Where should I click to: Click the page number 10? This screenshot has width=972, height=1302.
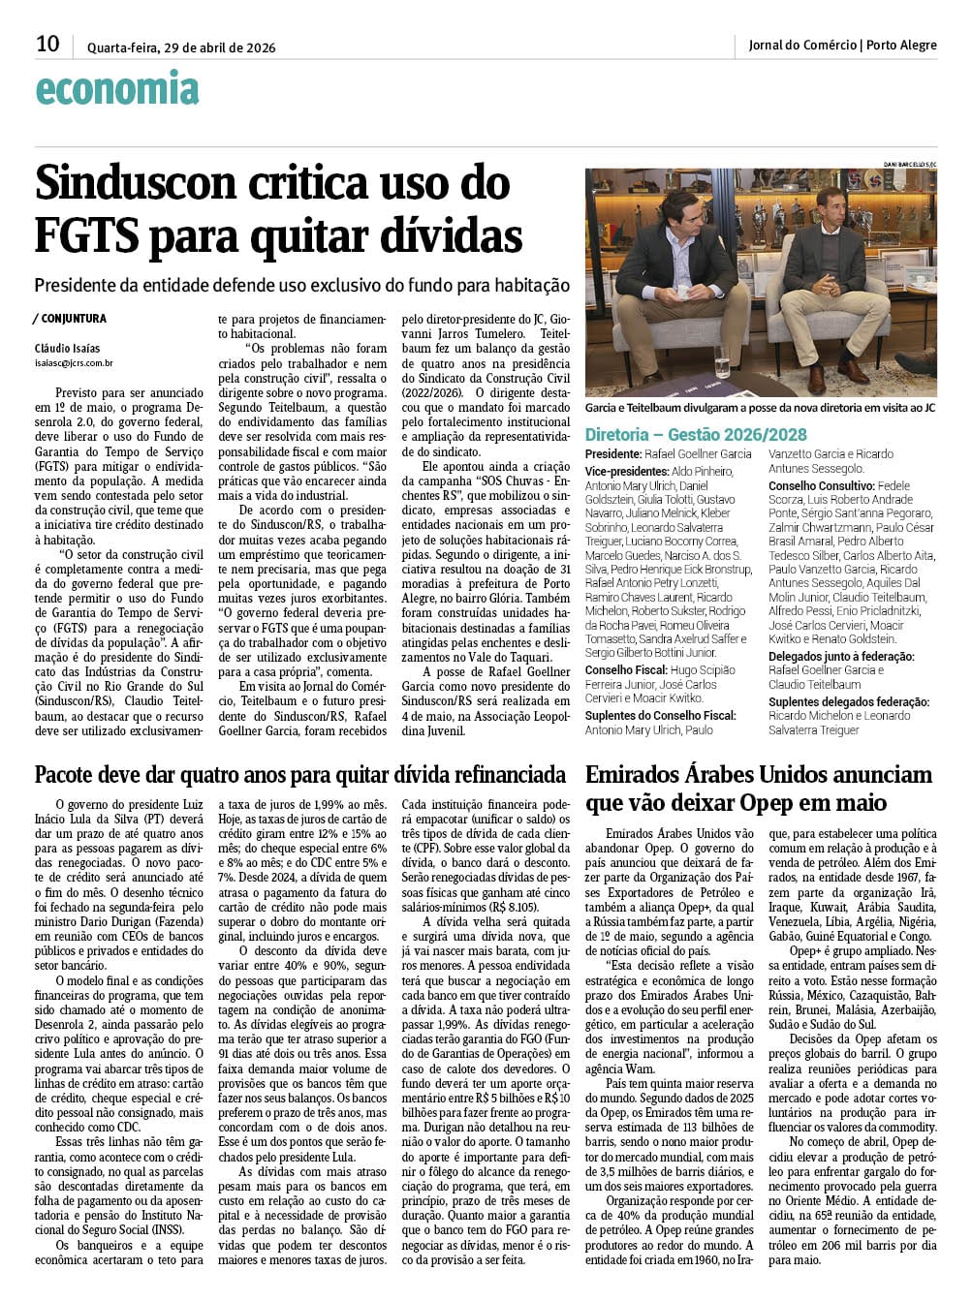47,44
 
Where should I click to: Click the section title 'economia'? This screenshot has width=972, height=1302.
116,89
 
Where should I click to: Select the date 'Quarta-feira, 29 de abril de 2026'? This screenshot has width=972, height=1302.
181,47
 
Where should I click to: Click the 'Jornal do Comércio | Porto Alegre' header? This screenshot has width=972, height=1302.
842,45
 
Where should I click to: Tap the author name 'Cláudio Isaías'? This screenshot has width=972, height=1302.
67,349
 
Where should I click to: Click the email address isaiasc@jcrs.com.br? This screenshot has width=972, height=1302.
74,363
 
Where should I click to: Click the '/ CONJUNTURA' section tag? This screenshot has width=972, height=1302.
69,319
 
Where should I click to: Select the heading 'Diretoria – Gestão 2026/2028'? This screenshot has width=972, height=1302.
696,435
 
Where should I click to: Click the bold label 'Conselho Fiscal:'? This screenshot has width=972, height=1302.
625,669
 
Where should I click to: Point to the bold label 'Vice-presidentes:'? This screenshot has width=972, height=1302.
628,471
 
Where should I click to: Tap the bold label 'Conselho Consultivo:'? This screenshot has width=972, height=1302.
821,485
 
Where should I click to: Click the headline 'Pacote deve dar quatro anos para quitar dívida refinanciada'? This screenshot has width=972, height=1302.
299,775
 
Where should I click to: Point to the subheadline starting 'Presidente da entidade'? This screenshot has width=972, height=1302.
301,286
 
